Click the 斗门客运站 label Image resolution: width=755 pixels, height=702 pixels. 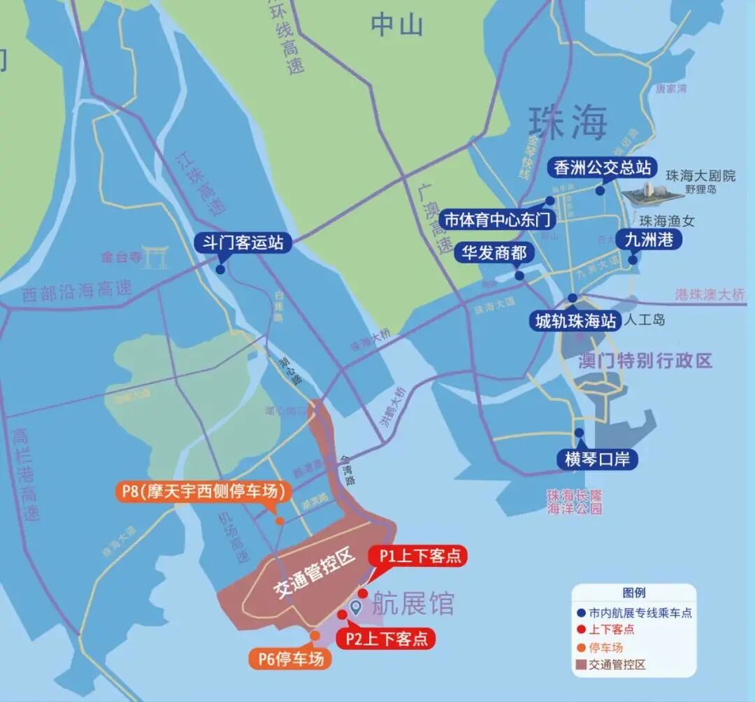(x=242, y=243)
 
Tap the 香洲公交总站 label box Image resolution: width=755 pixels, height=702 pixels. (x=603, y=168)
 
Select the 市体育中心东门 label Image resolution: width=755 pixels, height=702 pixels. (x=498, y=220)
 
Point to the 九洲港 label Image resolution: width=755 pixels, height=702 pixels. (x=648, y=239)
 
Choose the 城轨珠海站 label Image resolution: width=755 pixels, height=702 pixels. (x=575, y=321)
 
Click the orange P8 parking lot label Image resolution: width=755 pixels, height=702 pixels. (x=203, y=492)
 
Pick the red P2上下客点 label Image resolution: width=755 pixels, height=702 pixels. (x=385, y=638)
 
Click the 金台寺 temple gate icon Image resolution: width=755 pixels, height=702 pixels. (x=153, y=256)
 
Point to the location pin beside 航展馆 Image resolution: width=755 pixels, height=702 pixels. (x=355, y=607)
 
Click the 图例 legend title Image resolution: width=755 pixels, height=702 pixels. (x=633, y=593)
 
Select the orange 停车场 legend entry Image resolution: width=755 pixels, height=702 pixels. (x=605, y=647)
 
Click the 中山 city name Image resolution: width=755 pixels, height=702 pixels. (x=396, y=25)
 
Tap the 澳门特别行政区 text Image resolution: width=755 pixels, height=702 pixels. (x=645, y=361)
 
